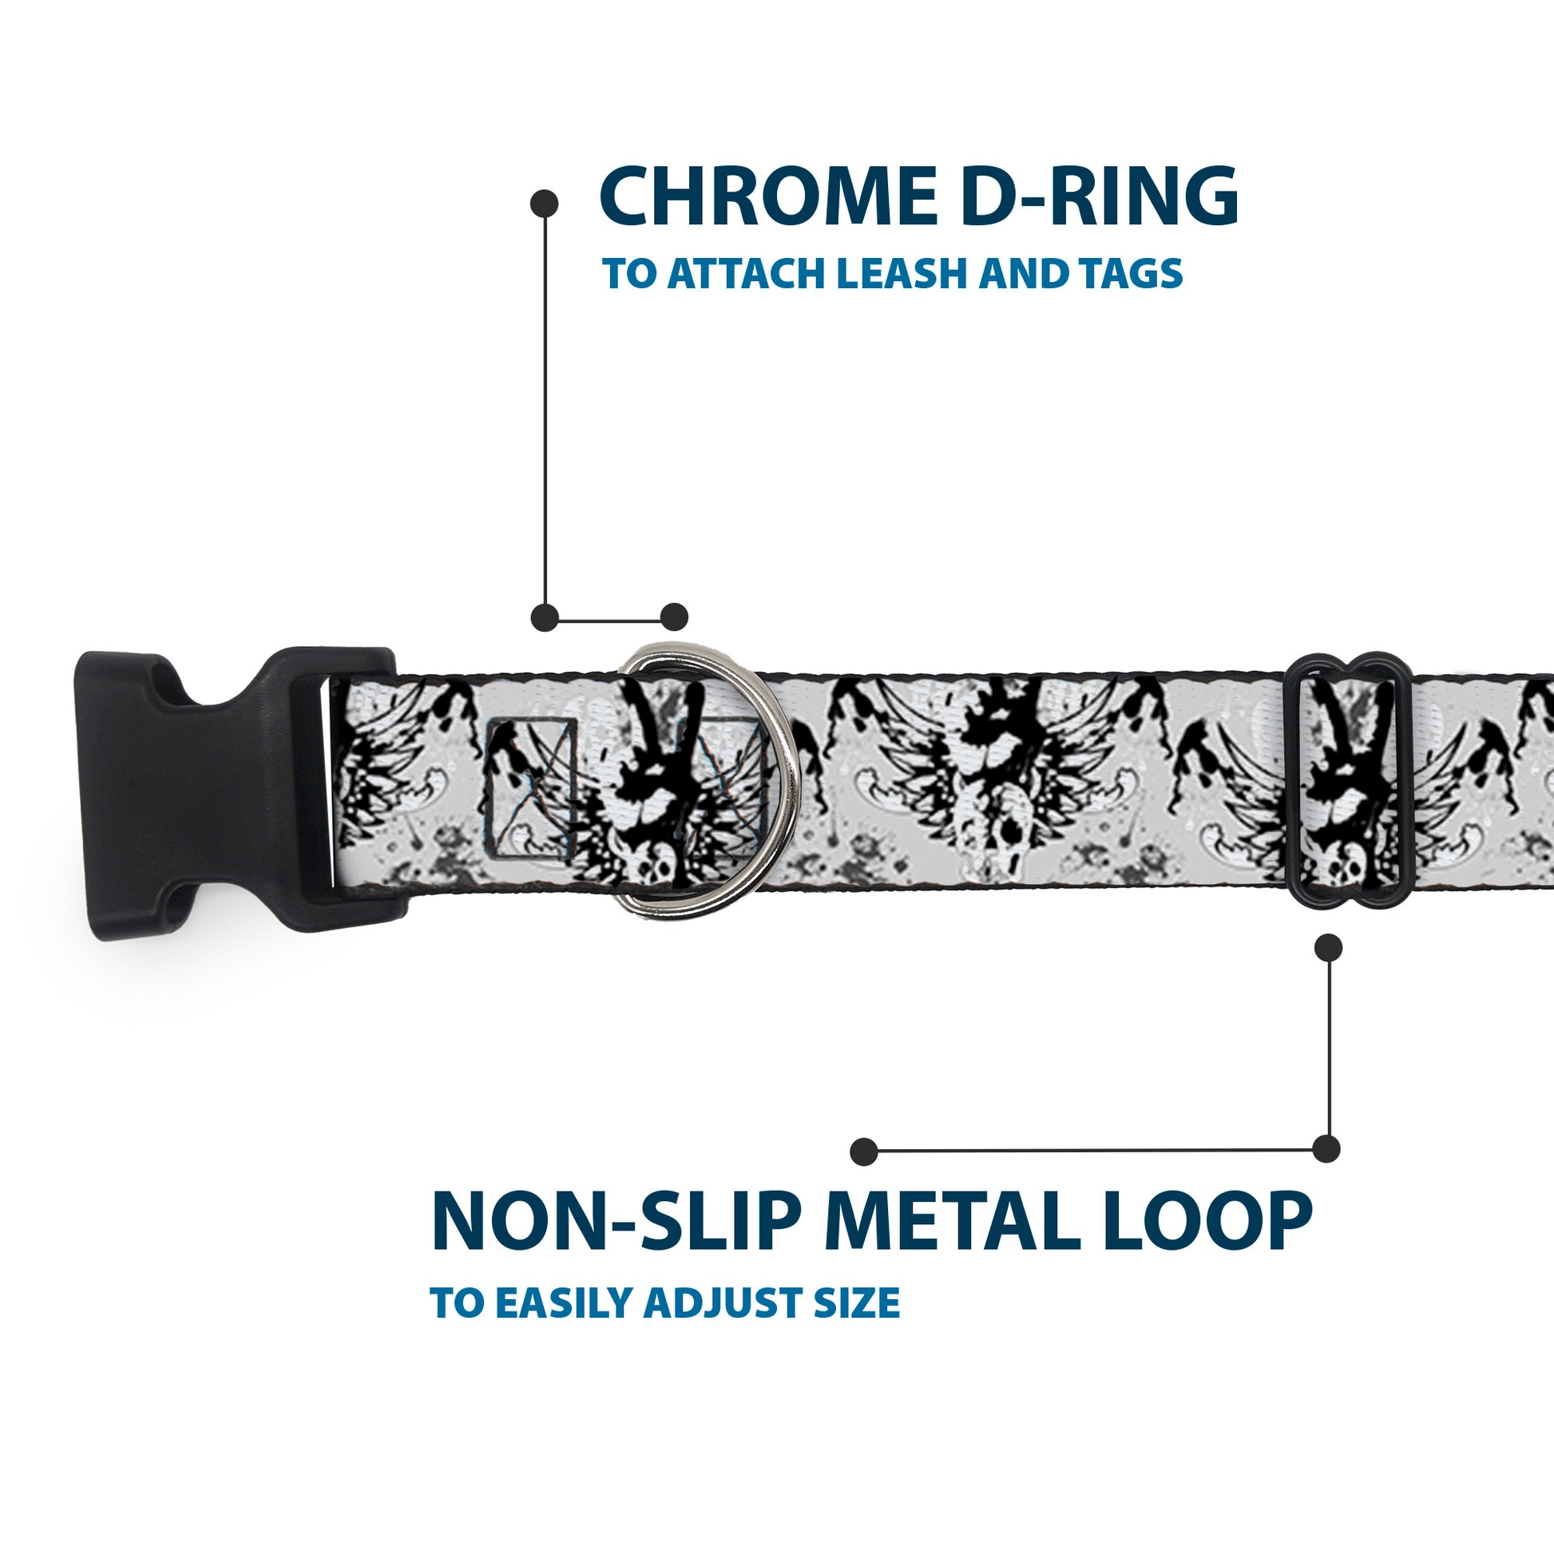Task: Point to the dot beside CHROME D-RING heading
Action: click(x=545, y=204)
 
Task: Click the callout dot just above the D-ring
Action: click(x=674, y=617)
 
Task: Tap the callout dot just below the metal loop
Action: click(x=1328, y=948)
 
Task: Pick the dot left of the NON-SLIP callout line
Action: click(x=864, y=1151)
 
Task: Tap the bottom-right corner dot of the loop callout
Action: click(x=1326, y=1148)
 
